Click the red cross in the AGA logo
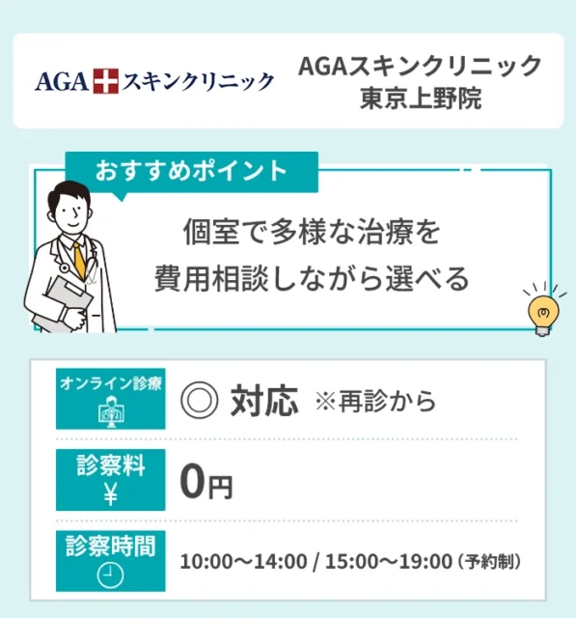(104, 81)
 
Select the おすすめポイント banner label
(191, 171)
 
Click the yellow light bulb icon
(541, 310)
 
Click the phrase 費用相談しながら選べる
(311, 279)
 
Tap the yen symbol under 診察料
(110, 494)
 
